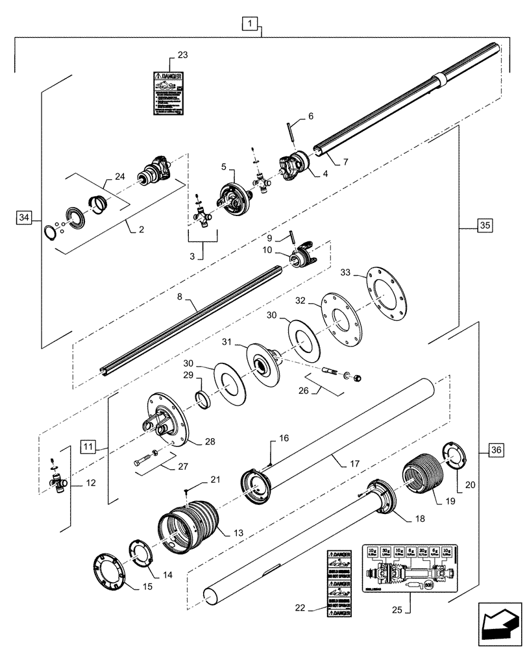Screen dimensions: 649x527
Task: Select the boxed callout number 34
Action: (x=23, y=216)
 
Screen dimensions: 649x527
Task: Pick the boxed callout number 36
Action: (x=495, y=449)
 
